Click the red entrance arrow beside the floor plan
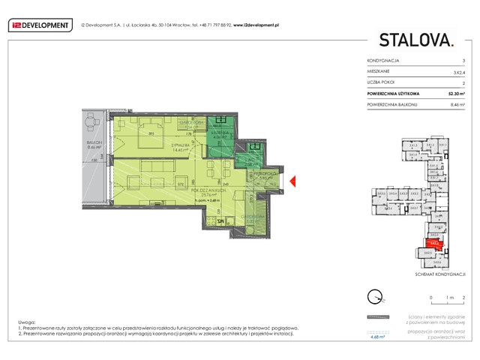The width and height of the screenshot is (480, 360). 295,180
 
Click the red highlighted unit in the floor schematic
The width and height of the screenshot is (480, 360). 434,241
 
